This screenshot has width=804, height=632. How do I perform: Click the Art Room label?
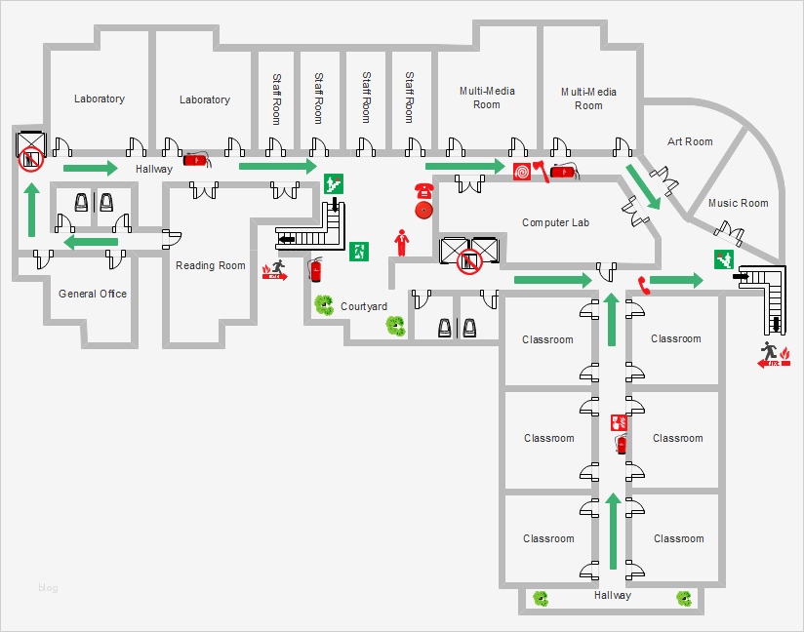(x=690, y=141)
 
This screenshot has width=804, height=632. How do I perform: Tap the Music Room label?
(x=738, y=203)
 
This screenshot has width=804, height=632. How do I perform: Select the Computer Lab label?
(x=556, y=222)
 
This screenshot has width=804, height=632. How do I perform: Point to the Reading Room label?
(x=211, y=265)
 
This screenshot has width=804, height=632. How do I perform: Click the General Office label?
(x=93, y=294)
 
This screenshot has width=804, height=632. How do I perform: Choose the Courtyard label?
(x=364, y=306)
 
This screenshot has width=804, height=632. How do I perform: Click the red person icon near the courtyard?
(x=399, y=239)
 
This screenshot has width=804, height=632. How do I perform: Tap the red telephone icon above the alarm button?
(x=423, y=189)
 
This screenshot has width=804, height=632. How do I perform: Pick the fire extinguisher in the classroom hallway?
(x=621, y=445)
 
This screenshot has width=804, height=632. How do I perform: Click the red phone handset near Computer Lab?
(x=642, y=285)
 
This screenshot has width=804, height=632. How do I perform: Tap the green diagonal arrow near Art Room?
(x=642, y=186)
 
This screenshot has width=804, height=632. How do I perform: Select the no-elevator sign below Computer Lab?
(x=470, y=260)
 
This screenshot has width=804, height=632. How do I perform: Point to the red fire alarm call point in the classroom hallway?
(x=618, y=422)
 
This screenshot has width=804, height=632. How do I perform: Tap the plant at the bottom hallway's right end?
(x=685, y=598)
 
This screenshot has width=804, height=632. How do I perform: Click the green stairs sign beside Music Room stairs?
(x=723, y=258)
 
